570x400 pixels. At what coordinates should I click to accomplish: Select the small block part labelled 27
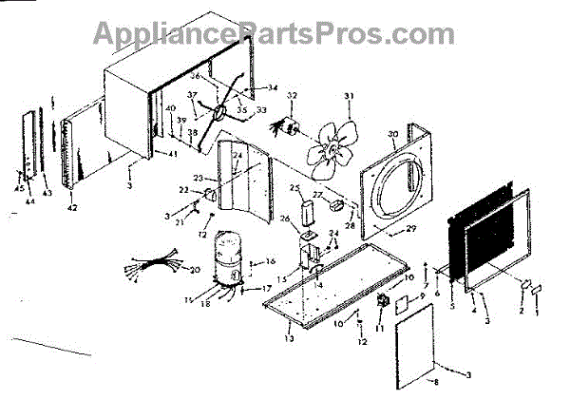click(x=334, y=202)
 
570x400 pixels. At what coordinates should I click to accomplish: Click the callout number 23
click(x=198, y=178)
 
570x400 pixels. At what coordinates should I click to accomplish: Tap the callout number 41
click(x=173, y=154)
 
